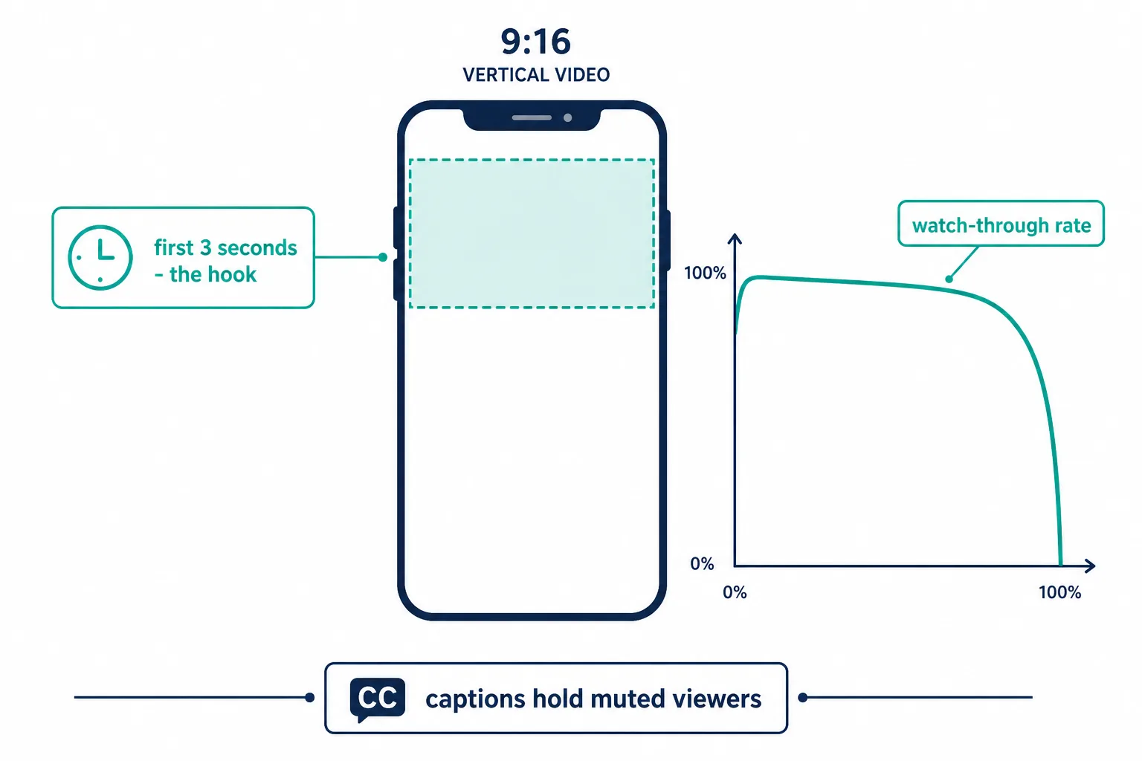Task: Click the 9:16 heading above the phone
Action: tap(535, 42)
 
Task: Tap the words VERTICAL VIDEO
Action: tap(536, 75)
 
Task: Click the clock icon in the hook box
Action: tap(100, 257)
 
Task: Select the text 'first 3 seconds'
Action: tap(225, 247)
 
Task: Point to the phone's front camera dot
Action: tap(567, 117)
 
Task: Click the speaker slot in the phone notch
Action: tap(532, 117)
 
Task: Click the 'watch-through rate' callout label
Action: tap(1001, 224)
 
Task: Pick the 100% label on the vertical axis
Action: tap(705, 273)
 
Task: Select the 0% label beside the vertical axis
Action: tap(702, 563)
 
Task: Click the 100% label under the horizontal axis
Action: tap(1060, 592)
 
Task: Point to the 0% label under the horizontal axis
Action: tap(735, 592)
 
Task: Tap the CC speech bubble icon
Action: tap(377, 699)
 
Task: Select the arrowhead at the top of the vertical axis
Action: tap(734, 239)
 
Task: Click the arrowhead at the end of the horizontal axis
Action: tap(1090, 566)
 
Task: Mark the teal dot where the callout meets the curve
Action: tap(949, 279)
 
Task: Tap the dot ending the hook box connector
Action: tap(383, 257)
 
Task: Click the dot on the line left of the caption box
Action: tap(309, 697)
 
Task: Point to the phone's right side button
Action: tap(668, 240)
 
